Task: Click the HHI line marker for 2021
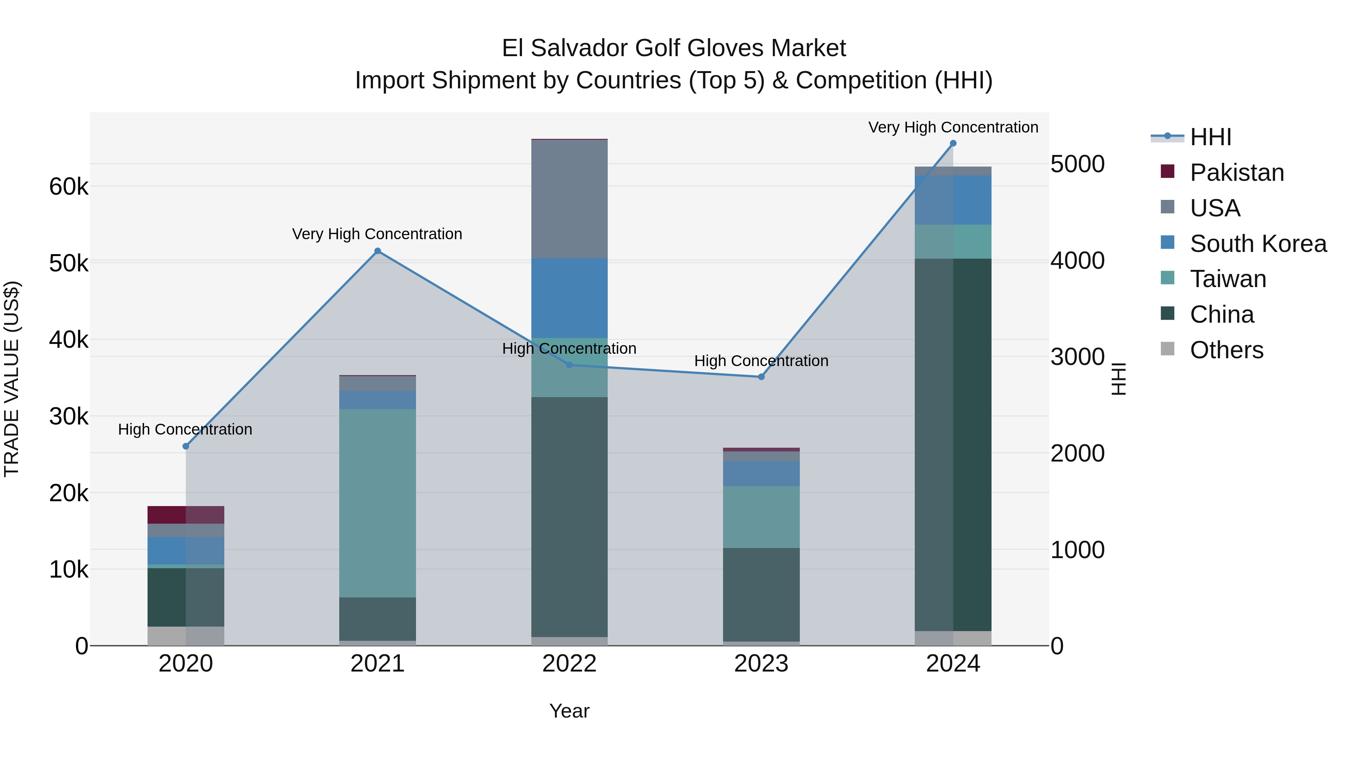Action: (x=377, y=251)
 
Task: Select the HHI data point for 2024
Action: (x=953, y=143)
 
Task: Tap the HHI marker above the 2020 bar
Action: (x=186, y=446)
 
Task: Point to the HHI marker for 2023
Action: (x=761, y=377)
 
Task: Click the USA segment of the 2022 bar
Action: (x=569, y=199)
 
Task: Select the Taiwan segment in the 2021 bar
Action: (x=377, y=502)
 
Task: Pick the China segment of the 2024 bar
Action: (x=953, y=445)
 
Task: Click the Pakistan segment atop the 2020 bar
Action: (x=186, y=515)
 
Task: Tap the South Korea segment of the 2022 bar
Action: (x=569, y=298)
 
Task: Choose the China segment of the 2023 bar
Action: (x=761, y=594)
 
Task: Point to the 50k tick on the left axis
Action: (x=69, y=263)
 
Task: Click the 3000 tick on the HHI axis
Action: (x=1077, y=357)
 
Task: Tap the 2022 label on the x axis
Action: (x=569, y=664)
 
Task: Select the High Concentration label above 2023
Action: (x=761, y=361)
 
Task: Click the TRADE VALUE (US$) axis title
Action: (x=12, y=379)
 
